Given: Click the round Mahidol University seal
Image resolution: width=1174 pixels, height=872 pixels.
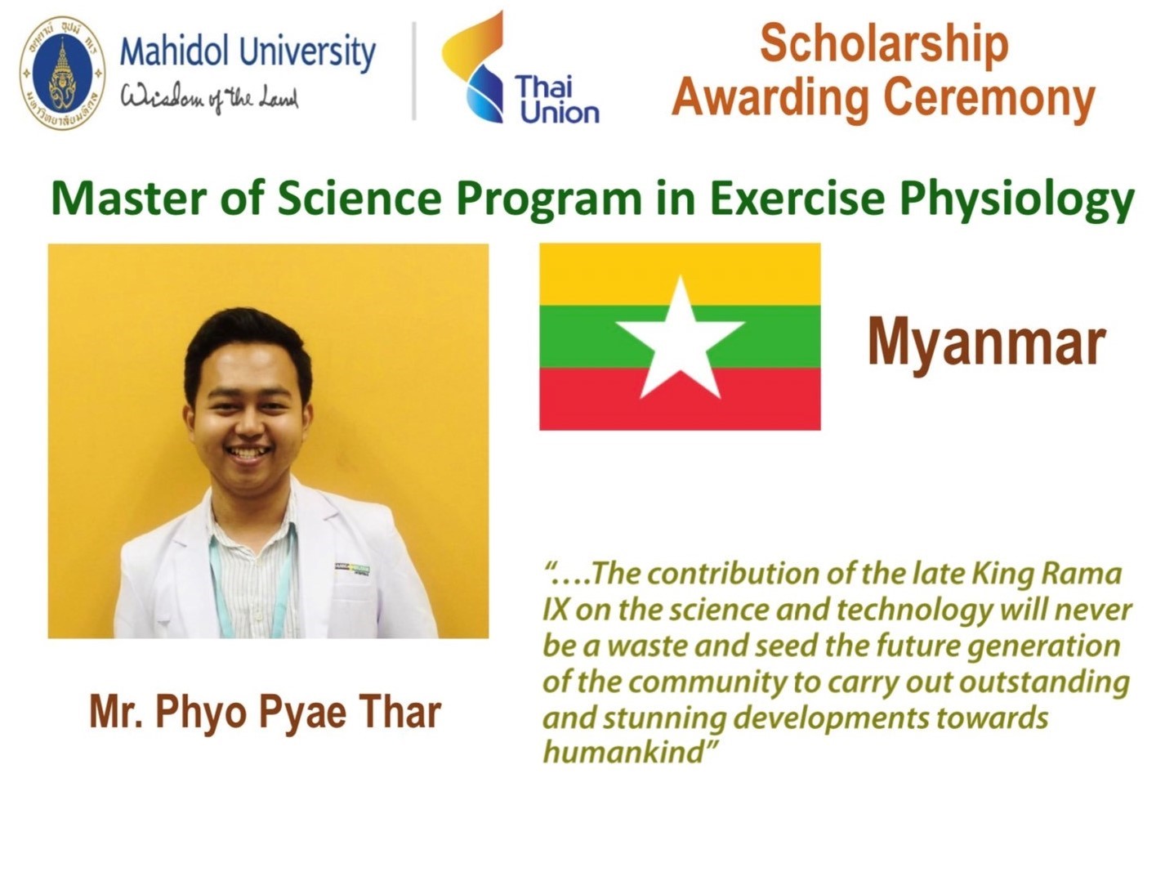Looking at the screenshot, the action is click(x=63, y=73).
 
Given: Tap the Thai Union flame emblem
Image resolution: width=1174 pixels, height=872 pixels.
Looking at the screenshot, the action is click(x=473, y=67).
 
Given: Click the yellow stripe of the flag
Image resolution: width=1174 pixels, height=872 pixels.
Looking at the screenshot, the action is click(x=680, y=275).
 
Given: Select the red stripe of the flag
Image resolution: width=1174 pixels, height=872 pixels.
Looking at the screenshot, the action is click(x=680, y=399).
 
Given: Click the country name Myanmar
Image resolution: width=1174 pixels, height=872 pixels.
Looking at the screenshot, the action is click(x=987, y=345).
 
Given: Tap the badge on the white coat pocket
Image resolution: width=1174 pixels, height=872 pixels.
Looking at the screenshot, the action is click(x=352, y=570).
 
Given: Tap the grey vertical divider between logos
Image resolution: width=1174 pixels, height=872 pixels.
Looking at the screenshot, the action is click(x=414, y=71).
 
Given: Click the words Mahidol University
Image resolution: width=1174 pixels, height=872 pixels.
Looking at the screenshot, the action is click(x=248, y=51).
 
